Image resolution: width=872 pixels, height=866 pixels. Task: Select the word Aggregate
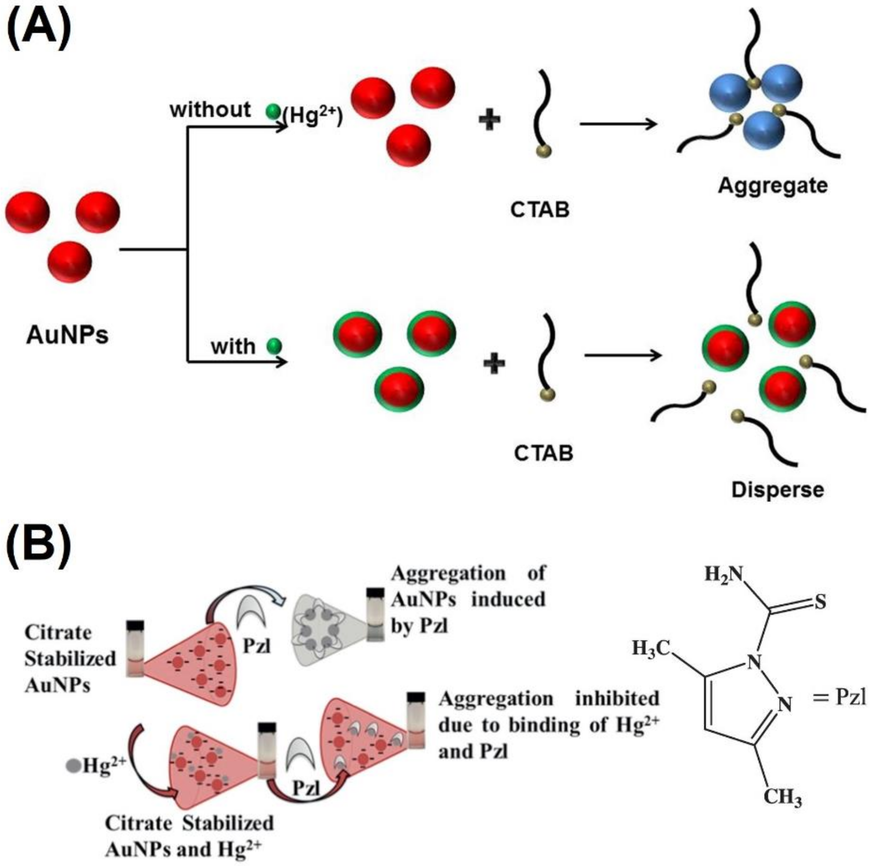coord(773,186)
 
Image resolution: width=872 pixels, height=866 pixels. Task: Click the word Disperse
coord(778,490)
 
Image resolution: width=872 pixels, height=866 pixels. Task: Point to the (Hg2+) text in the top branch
coord(313,117)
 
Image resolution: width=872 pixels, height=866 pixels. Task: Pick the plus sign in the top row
coord(489,121)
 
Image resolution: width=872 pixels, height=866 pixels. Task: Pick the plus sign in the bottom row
coord(494,363)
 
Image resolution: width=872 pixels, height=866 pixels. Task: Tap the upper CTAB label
coord(540,210)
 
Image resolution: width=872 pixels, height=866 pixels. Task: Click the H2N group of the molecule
coord(723,574)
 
